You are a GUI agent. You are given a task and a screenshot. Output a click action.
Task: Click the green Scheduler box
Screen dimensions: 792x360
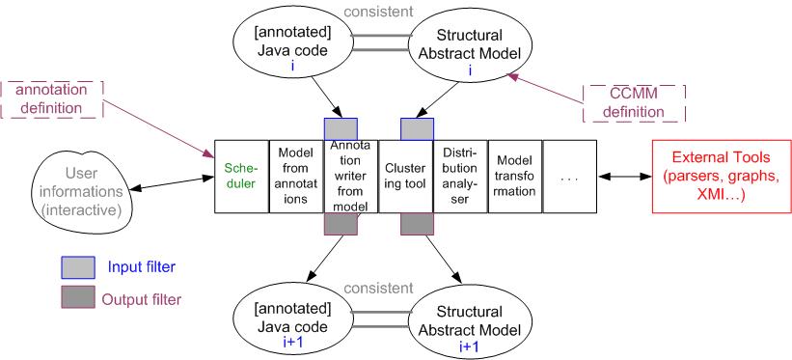[241, 176]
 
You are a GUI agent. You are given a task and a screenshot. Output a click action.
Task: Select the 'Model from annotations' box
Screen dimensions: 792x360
[295, 176]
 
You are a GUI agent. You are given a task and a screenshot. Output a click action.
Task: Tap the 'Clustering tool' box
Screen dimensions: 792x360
[405, 176]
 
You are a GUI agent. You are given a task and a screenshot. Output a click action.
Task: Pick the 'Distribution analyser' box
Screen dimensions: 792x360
[460, 176]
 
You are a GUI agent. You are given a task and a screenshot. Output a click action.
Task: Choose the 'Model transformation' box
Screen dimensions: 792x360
[515, 176]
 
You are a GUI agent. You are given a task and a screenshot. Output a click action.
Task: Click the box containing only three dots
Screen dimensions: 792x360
[569, 176]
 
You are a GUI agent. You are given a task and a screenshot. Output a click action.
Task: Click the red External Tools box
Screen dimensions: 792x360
[722, 176]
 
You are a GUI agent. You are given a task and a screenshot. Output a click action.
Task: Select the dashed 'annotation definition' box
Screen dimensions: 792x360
[51, 99]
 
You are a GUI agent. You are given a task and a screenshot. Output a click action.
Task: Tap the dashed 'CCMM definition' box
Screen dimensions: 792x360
[634, 103]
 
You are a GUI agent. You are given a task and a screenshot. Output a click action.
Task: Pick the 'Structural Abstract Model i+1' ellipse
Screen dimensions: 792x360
[470, 321]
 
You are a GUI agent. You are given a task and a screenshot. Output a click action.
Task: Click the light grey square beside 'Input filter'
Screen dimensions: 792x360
[78, 267]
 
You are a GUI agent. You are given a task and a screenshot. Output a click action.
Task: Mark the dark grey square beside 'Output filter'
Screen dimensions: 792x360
[78, 297]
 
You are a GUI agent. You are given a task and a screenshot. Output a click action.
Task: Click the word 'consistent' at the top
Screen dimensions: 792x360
[378, 11]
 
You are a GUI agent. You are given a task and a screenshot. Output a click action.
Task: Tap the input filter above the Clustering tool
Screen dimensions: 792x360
[417, 129]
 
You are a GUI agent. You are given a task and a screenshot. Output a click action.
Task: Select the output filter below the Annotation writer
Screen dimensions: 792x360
[341, 224]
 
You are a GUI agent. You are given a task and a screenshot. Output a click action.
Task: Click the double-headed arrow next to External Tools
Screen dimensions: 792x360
[624, 177]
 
